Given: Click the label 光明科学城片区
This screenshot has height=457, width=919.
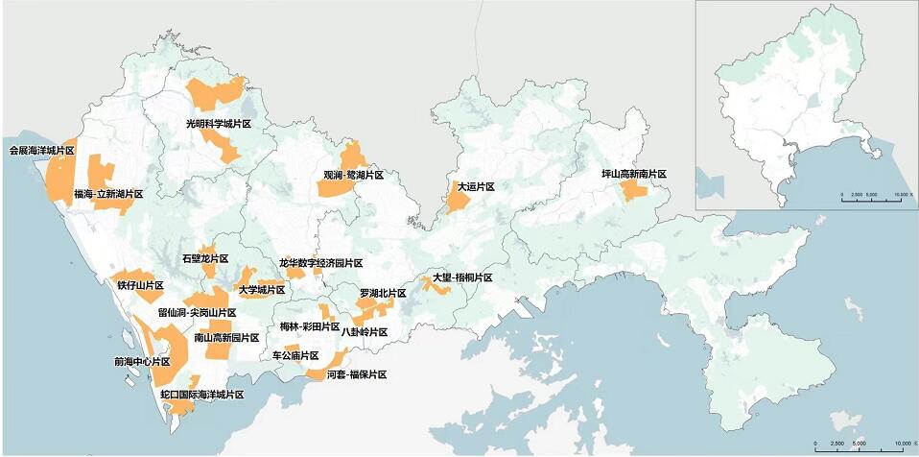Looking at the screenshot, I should point(219,125).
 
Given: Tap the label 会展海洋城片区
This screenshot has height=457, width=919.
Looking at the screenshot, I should point(42,151).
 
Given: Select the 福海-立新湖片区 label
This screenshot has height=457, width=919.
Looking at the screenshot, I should point(108,194).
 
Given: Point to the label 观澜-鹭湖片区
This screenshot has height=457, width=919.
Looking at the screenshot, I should point(353,177).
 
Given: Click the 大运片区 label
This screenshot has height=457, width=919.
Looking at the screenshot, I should point(476,186).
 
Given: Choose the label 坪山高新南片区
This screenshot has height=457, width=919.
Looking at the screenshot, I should point(633,175).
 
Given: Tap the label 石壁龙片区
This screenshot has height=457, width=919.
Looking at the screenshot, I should point(205,259).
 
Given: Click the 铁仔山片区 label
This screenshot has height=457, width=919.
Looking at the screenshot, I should point(141,286).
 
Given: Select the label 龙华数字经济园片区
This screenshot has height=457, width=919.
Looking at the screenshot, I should point(321,263).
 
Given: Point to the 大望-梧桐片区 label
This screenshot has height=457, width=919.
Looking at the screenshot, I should point(462,278).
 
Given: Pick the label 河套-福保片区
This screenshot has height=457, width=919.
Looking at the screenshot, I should point(356,374).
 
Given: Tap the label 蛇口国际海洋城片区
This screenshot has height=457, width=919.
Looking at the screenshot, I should point(202,395).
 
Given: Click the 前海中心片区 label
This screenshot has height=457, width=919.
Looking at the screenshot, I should point(142,362).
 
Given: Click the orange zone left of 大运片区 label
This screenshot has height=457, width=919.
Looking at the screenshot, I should point(455,197).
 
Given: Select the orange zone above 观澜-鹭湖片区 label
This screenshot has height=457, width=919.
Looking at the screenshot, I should point(353,156).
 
